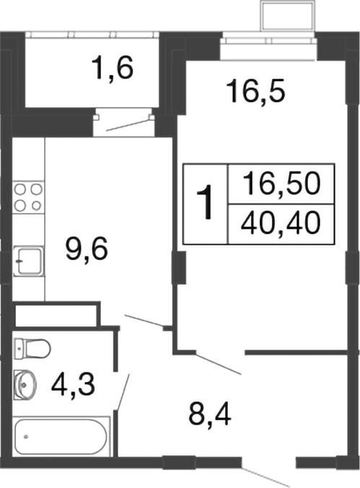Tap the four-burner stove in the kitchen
[x=28, y=197]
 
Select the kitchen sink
[x=28, y=258]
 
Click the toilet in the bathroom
[x=32, y=349]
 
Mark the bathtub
[x=61, y=436]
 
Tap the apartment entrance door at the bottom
[x=267, y=474]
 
